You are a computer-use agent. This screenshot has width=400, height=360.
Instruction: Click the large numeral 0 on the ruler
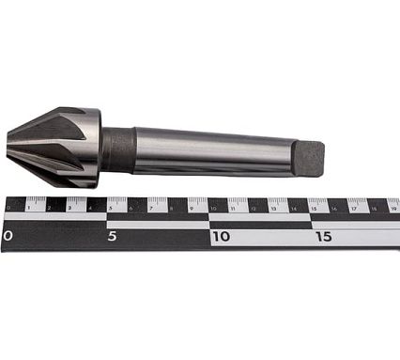(8, 236)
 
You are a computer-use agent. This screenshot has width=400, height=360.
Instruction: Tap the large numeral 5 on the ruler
(111, 236)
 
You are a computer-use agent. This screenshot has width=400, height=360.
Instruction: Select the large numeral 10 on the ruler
(221, 236)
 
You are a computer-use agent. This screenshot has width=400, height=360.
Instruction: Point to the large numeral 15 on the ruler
(323, 236)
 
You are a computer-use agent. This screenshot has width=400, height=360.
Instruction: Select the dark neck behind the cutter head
(117, 150)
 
